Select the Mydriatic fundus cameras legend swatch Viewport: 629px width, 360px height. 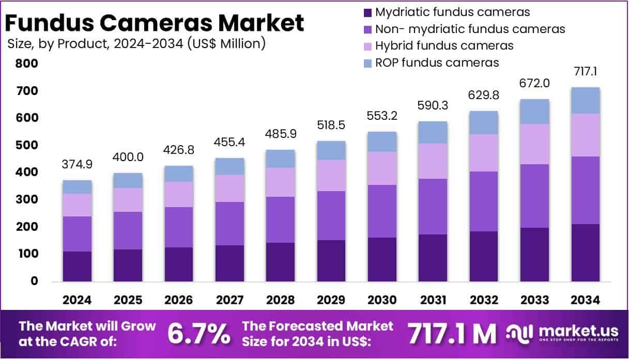click(x=367, y=12)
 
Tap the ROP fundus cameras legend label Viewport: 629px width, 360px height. click(x=437, y=62)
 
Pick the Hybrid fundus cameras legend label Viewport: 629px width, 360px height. click(x=444, y=45)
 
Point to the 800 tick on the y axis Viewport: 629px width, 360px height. click(x=27, y=64)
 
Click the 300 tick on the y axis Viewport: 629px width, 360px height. click(x=27, y=200)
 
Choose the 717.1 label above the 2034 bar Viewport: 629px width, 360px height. click(x=586, y=71)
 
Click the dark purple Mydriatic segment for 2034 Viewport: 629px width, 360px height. click(x=586, y=253)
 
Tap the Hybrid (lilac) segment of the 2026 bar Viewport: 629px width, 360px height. click(x=179, y=194)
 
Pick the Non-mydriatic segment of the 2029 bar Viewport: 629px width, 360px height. click(x=331, y=215)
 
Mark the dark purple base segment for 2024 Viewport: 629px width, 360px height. click(x=77, y=267)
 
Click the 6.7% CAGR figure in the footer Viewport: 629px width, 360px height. click(x=199, y=334)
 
